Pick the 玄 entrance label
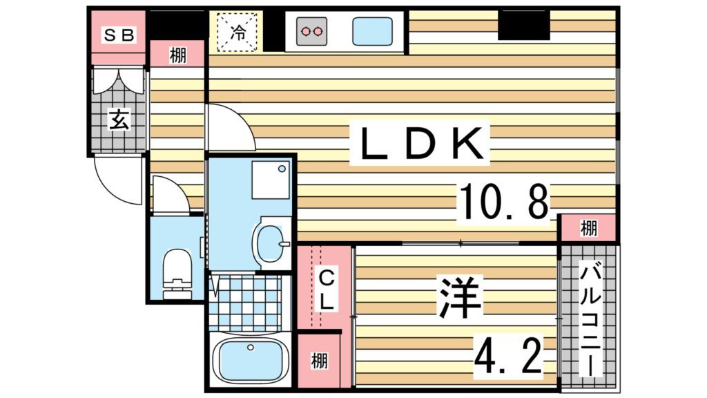click(119, 121)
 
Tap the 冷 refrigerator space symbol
click(238, 31)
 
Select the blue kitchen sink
click(373, 31)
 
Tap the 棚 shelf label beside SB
click(178, 55)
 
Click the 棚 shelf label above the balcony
click(588, 227)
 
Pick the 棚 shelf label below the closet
click(318, 361)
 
